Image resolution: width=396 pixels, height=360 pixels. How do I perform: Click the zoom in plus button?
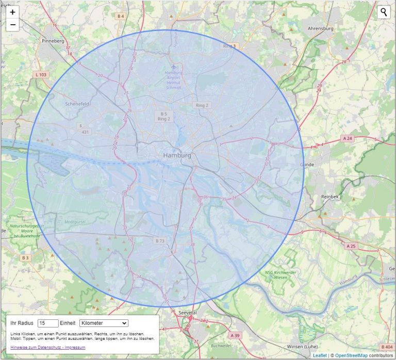12,12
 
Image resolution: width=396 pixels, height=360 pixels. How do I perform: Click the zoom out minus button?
12,24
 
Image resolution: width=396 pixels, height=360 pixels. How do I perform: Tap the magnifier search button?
384,12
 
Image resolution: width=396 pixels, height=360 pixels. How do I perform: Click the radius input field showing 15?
48,323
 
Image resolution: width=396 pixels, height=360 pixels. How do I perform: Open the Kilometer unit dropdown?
104,323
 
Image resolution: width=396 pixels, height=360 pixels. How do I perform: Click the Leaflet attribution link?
319,355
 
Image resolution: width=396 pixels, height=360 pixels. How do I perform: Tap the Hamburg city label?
177,155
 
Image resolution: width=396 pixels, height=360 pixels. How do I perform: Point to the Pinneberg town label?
53,40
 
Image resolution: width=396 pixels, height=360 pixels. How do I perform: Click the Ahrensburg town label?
320,29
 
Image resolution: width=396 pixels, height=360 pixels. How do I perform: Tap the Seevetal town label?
187,313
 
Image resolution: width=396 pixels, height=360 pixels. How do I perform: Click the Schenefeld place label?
77,103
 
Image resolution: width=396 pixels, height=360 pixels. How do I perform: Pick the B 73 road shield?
160,241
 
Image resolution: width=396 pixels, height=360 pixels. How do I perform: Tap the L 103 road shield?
41,75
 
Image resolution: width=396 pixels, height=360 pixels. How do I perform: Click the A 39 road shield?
235,336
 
